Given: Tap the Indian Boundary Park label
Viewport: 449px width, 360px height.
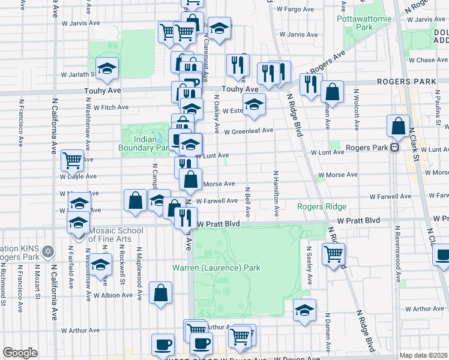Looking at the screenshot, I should pyautogui.click(x=144, y=143).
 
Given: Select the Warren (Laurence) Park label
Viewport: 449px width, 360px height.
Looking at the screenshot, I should pyautogui.click(x=217, y=268).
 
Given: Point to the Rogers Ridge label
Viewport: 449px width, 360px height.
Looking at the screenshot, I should pyautogui.click(x=322, y=207).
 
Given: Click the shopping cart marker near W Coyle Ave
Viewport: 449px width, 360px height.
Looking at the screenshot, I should pyautogui.click(x=72, y=160).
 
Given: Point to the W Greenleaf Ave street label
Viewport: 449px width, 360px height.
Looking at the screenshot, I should pyautogui.click(x=249, y=130).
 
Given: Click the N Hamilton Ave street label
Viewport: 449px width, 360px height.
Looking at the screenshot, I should pyautogui.click(x=276, y=193).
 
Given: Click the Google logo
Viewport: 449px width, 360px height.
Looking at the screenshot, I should pyautogui.click(x=20, y=353).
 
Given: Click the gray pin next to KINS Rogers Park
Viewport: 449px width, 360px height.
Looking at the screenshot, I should pyautogui.click(x=48, y=250).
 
